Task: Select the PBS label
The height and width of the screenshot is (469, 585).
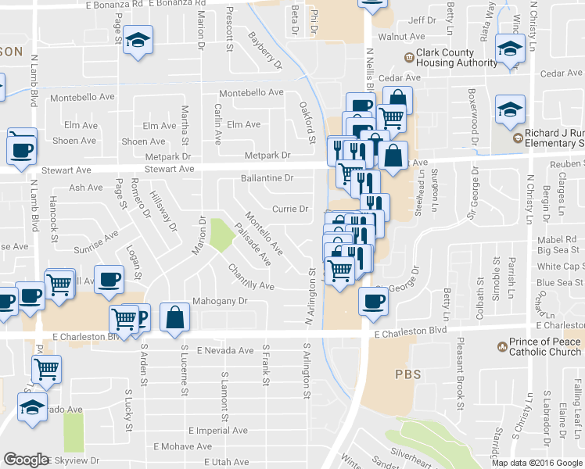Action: click(x=407, y=374)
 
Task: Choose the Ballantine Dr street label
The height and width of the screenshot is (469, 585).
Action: click(x=267, y=178)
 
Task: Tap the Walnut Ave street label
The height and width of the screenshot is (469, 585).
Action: click(x=400, y=37)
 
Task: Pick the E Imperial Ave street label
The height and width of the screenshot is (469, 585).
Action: click(x=218, y=431)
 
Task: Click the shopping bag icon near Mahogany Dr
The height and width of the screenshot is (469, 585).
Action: click(x=176, y=316)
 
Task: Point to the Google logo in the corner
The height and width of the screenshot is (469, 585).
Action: click(x=26, y=460)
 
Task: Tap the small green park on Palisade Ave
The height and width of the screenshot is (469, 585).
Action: click(x=221, y=234)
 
